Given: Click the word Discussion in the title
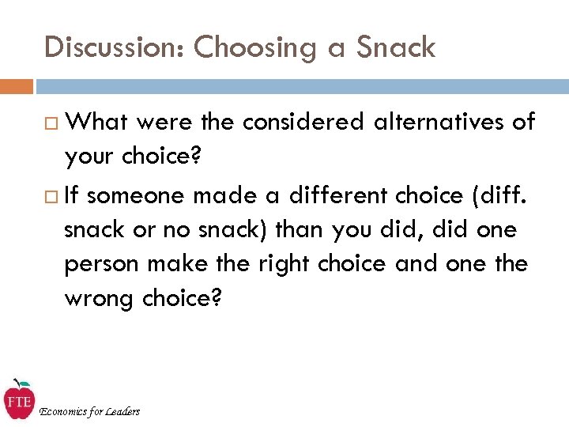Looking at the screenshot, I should point(115,47).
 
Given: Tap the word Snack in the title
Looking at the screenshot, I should point(395,47).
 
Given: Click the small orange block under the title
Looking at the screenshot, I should point(17,85).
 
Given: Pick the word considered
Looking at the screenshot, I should point(303,122).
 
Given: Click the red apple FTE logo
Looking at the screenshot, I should point(18,399).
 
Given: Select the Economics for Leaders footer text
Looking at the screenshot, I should point(89,410).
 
